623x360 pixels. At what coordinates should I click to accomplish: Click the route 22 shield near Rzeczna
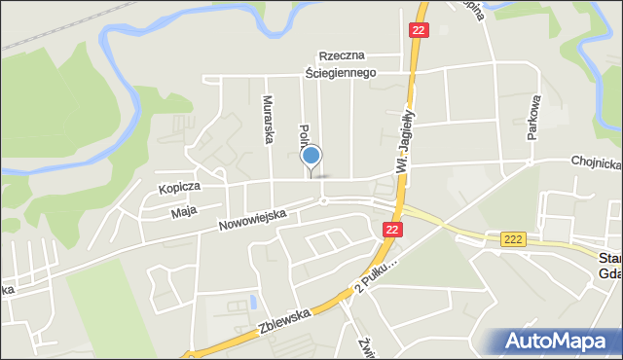(x=418, y=31)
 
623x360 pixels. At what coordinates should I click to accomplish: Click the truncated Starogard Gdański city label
(x=609, y=265)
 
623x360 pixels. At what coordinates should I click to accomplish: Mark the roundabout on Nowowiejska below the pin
(x=322, y=201)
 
